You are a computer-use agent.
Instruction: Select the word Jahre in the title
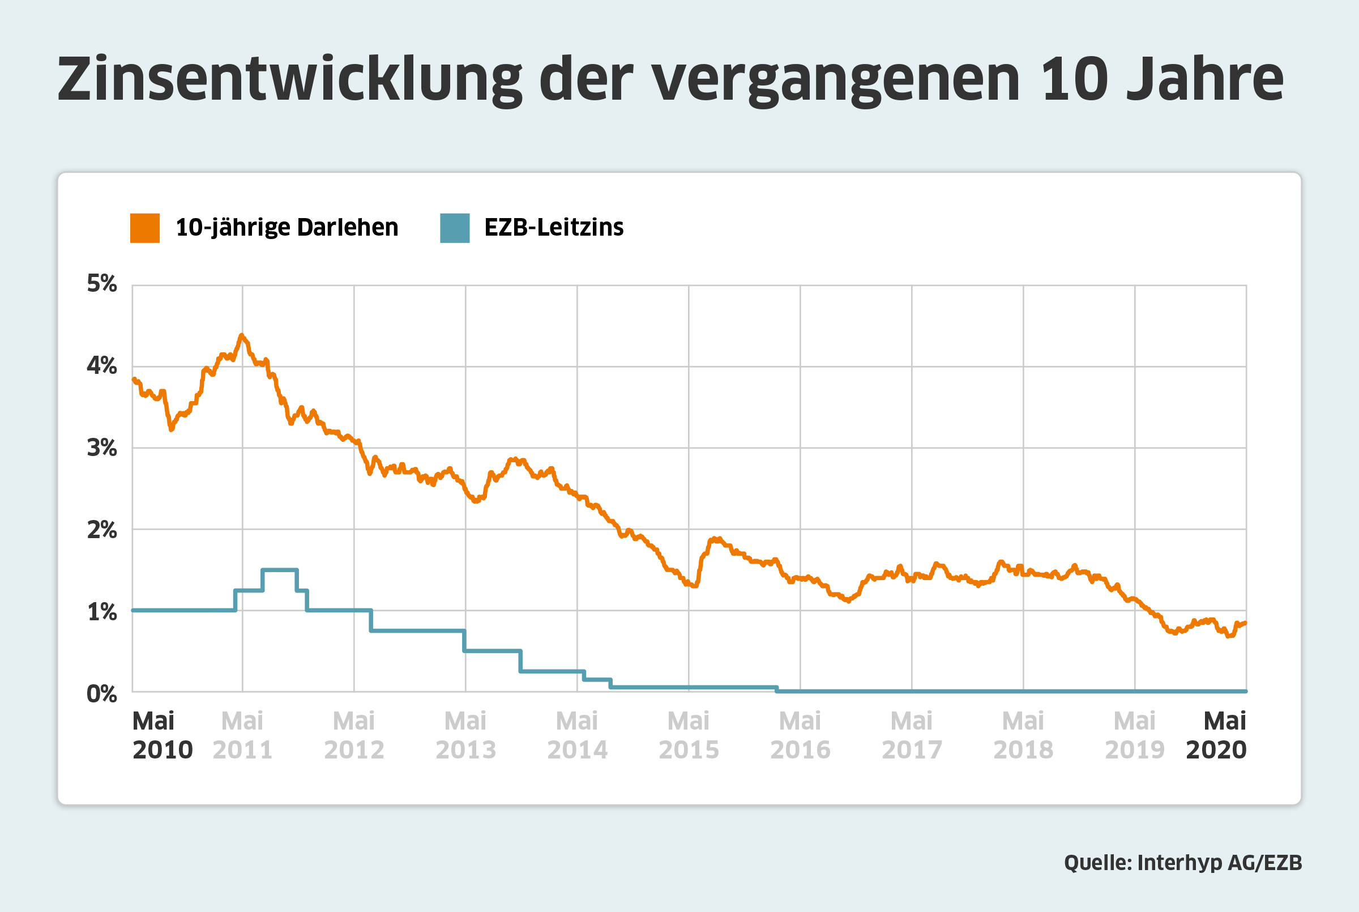click(x=1204, y=80)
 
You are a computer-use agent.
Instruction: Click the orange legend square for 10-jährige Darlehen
click(x=145, y=228)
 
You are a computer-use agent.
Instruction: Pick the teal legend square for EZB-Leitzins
click(x=455, y=228)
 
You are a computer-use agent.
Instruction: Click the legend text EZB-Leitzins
click(x=553, y=227)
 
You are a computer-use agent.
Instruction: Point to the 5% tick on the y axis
click(x=102, y=284)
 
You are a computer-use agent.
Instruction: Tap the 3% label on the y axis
click(x=102, y=448)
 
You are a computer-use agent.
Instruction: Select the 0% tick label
click(x=102, y=694)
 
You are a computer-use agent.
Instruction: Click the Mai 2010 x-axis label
click(x=162, y=735)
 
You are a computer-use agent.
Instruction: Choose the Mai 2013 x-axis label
click(x=465, y=735)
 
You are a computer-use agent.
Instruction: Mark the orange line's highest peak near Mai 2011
click(x=241, y=335)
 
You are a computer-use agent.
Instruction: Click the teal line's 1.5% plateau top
click(x=280, y=570)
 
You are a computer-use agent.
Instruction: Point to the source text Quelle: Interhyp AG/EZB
click(x=1183, y=863)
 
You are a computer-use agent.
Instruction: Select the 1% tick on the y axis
click(x=102, y=612)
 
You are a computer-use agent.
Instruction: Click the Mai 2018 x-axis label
click(x=1023, y=735)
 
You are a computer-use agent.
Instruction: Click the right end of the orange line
click(x=1245, y=623)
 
